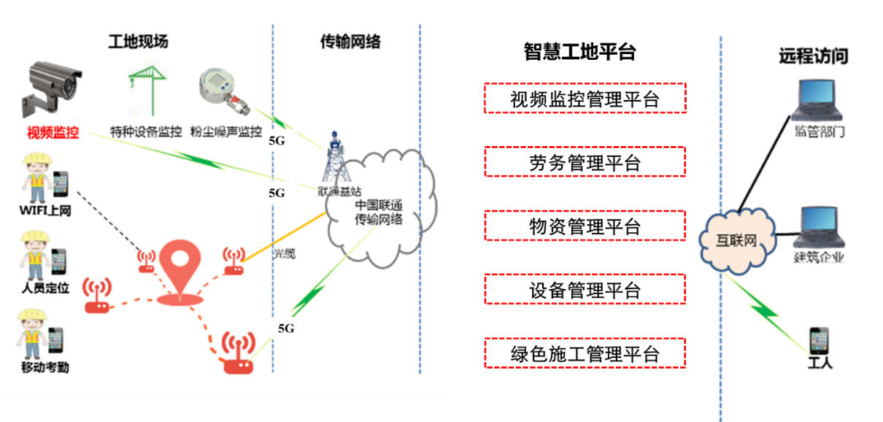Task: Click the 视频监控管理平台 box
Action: point(585,99)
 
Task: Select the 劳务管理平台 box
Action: point(585,162)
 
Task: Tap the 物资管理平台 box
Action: point(585,226)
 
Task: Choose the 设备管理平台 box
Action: point(585,289)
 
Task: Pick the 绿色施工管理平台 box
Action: point(585,353)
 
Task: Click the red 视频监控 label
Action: point(53,133)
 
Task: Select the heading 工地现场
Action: point(138,42)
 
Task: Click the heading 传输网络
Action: point(350,42)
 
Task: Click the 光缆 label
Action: point(285,254)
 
